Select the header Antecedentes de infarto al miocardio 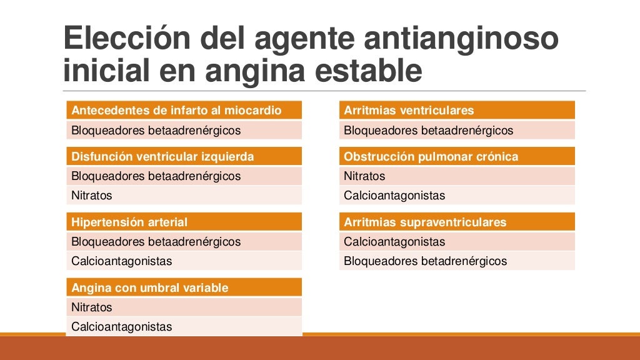pos(177,111)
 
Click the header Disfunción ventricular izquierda pos(162,156)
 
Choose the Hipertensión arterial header pos(129,222)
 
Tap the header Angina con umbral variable pos(150,287)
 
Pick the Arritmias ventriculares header pos(409,111)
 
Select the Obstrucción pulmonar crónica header pos(431,156)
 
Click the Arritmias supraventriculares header pos(425,222)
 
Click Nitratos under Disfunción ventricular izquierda pos(92,195)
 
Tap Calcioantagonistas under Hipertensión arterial pos(121,261)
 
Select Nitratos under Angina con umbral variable pos(92,307)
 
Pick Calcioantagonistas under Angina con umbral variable pos(121,326)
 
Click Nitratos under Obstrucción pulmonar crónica pos(364,176)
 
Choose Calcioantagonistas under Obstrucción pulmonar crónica pos(394,195)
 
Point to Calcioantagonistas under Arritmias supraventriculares pos(394,241)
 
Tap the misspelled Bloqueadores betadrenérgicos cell pos(426,261)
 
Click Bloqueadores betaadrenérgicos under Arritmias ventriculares pos(428,131)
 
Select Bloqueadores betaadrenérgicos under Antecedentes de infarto pos(156,131)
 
